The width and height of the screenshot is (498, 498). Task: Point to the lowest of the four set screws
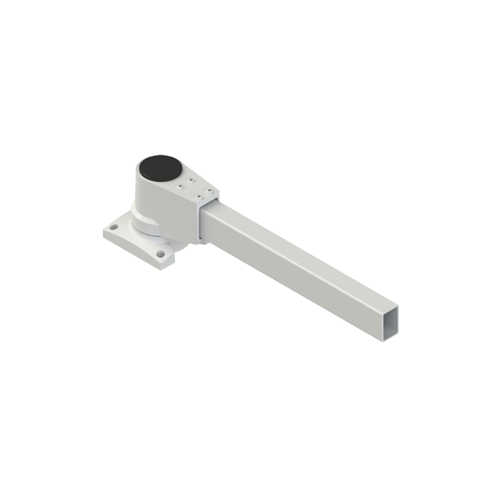tap(198, 201)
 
